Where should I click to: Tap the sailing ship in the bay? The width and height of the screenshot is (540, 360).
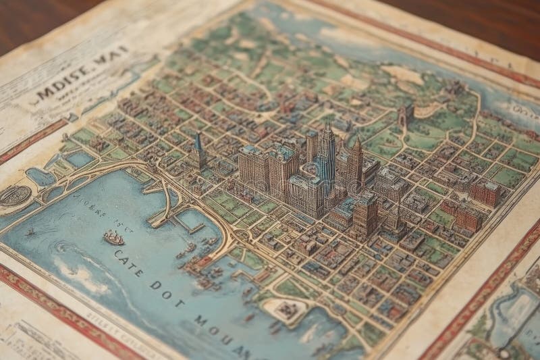click(x=113, y=237)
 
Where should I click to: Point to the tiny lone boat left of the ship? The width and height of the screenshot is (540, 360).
click(x=30, y=232)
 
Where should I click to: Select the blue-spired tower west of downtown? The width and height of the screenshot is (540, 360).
click(x=198, y=150)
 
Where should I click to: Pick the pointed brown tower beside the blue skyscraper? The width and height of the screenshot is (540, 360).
click(x=356, y=162)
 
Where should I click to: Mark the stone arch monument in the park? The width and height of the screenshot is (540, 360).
click(x=405, y=115)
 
